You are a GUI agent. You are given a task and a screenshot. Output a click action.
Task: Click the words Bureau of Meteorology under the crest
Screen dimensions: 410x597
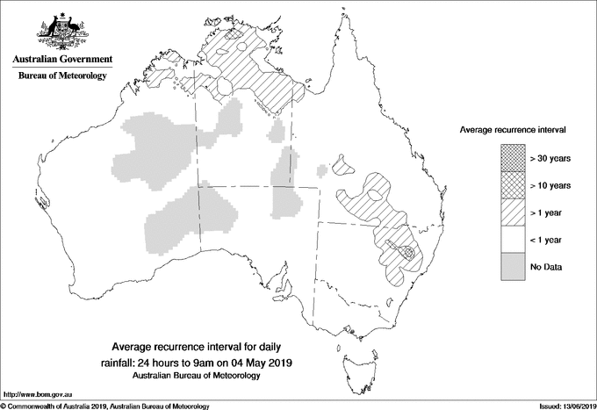pyautogui.click(x=61, y=76)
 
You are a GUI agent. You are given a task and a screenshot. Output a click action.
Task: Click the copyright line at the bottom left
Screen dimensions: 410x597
pyautogui.click(x=105, y=406)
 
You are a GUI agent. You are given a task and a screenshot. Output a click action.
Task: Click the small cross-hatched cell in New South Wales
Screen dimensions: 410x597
pyautogui.click(x=406, y=252)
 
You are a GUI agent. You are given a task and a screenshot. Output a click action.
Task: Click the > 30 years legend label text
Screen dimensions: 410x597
pyautogui.click(x=551, y=157)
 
